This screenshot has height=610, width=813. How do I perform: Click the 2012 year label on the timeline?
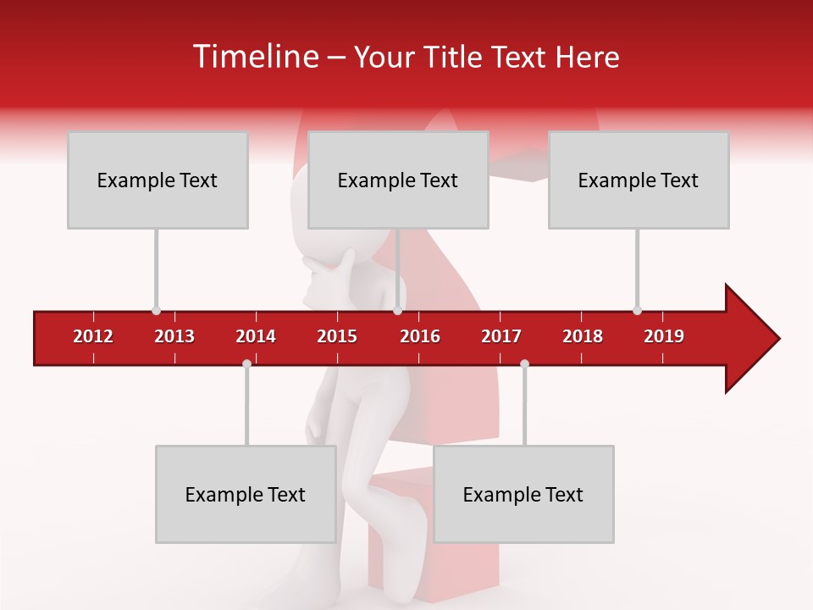[x=93, y=336]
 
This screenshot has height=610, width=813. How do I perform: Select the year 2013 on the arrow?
[x=174, y=336]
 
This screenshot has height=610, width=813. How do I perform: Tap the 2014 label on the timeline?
[x=256, y=336]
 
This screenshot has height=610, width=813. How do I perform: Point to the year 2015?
[x=337, y=336]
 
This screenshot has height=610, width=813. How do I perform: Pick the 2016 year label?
[x=420, y=336]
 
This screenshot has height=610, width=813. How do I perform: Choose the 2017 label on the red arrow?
[x=501, y=336]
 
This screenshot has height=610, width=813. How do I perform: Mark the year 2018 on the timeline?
[x=583, y=336]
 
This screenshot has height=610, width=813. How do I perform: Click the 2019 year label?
[x=664, y=336]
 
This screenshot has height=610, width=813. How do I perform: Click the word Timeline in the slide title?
[x=255, y=57]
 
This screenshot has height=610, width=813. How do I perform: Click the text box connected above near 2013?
[x=158, y=180]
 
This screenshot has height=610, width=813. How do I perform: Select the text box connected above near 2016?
[x=398, y=180]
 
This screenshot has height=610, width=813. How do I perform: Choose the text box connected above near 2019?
[x=639, y=180]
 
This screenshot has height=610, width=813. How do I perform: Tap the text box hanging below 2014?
[x=246, y=494]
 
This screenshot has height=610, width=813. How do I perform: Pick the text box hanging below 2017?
[x=523, y=494]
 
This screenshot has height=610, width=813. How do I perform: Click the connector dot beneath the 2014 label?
[x=246, y=363]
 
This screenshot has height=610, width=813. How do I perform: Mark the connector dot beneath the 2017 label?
[x=524, y=363]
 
